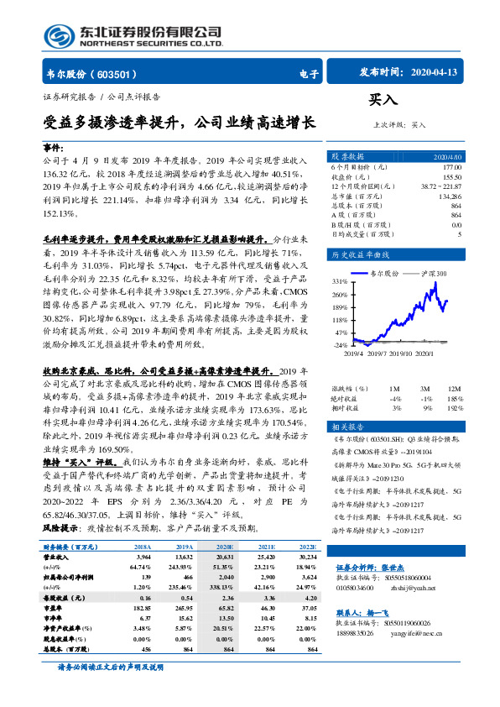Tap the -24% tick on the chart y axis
(x=340, y=345)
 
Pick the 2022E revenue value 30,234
(x=306, y=556)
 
